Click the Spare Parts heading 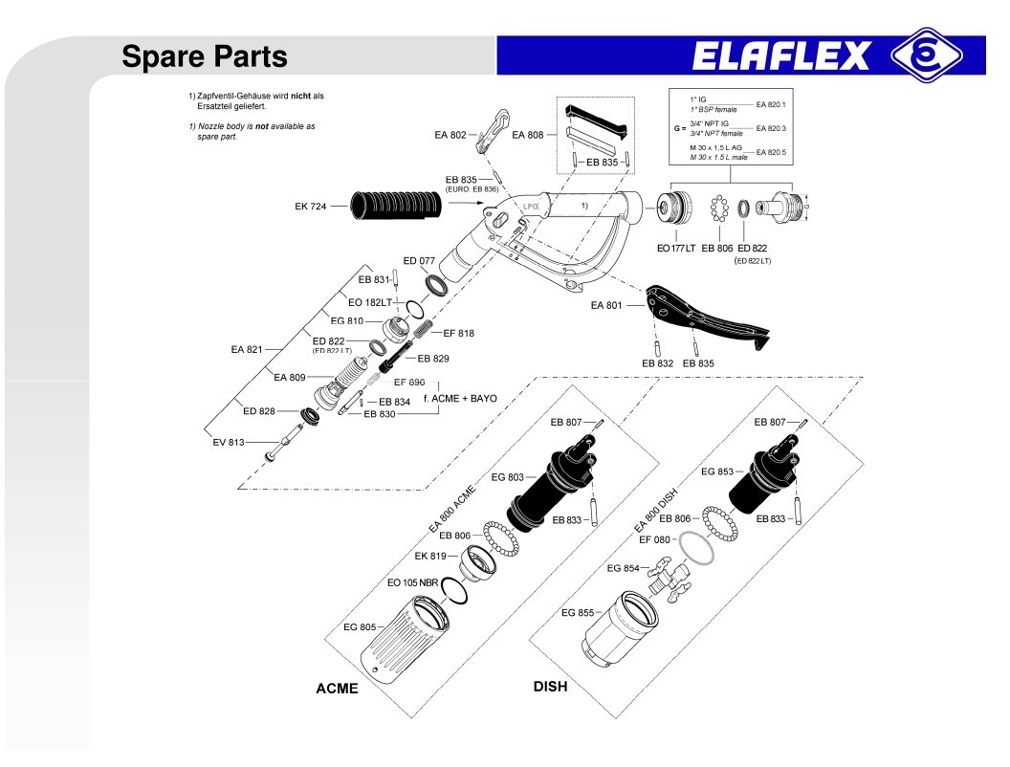pyautogui.click(x=205, y=57)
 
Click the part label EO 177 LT pyautogui.click(x=675, y=249)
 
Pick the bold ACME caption pyautogui.click(x=337, y=689)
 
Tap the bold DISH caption pyautogui.click(x=550, y=687)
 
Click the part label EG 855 pyautogui.click(x=578, y=613)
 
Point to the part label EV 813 pyautogui.click(x=229, y=442)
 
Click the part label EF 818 pyautogui.click(x=458, y=334)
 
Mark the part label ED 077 pyautogui.click(x=419, y=260)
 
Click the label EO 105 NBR pyautogui.click(x=412, y=582)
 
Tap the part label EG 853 pyautogui.click(x=717, y=471)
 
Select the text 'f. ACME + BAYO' pyautogui.click(x=460, y=397)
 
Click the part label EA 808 pyautogui.click(x=527, y=136)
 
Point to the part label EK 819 pyautogui.click(x=430, y=556)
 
